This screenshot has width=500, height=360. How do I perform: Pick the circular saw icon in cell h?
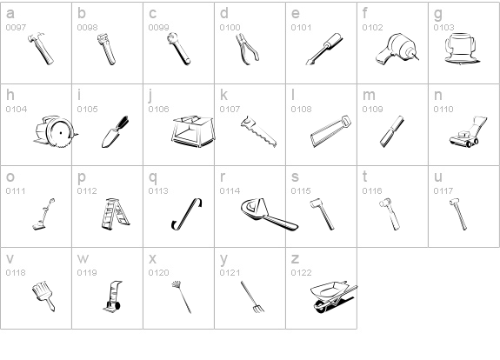click(x=53, y=133)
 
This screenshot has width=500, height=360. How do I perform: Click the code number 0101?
click(x=300, y=27)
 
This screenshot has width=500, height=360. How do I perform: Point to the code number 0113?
click(x=157, y=190)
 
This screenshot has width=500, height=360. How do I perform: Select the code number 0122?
click(x=300, y=272)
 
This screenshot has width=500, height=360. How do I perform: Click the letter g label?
click(x=438, y=14)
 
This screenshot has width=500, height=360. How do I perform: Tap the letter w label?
click(x=83, y=259)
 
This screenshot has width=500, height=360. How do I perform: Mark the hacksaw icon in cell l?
click(x=330, y=131)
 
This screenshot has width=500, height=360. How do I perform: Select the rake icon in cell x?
click(x=181, y=294)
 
